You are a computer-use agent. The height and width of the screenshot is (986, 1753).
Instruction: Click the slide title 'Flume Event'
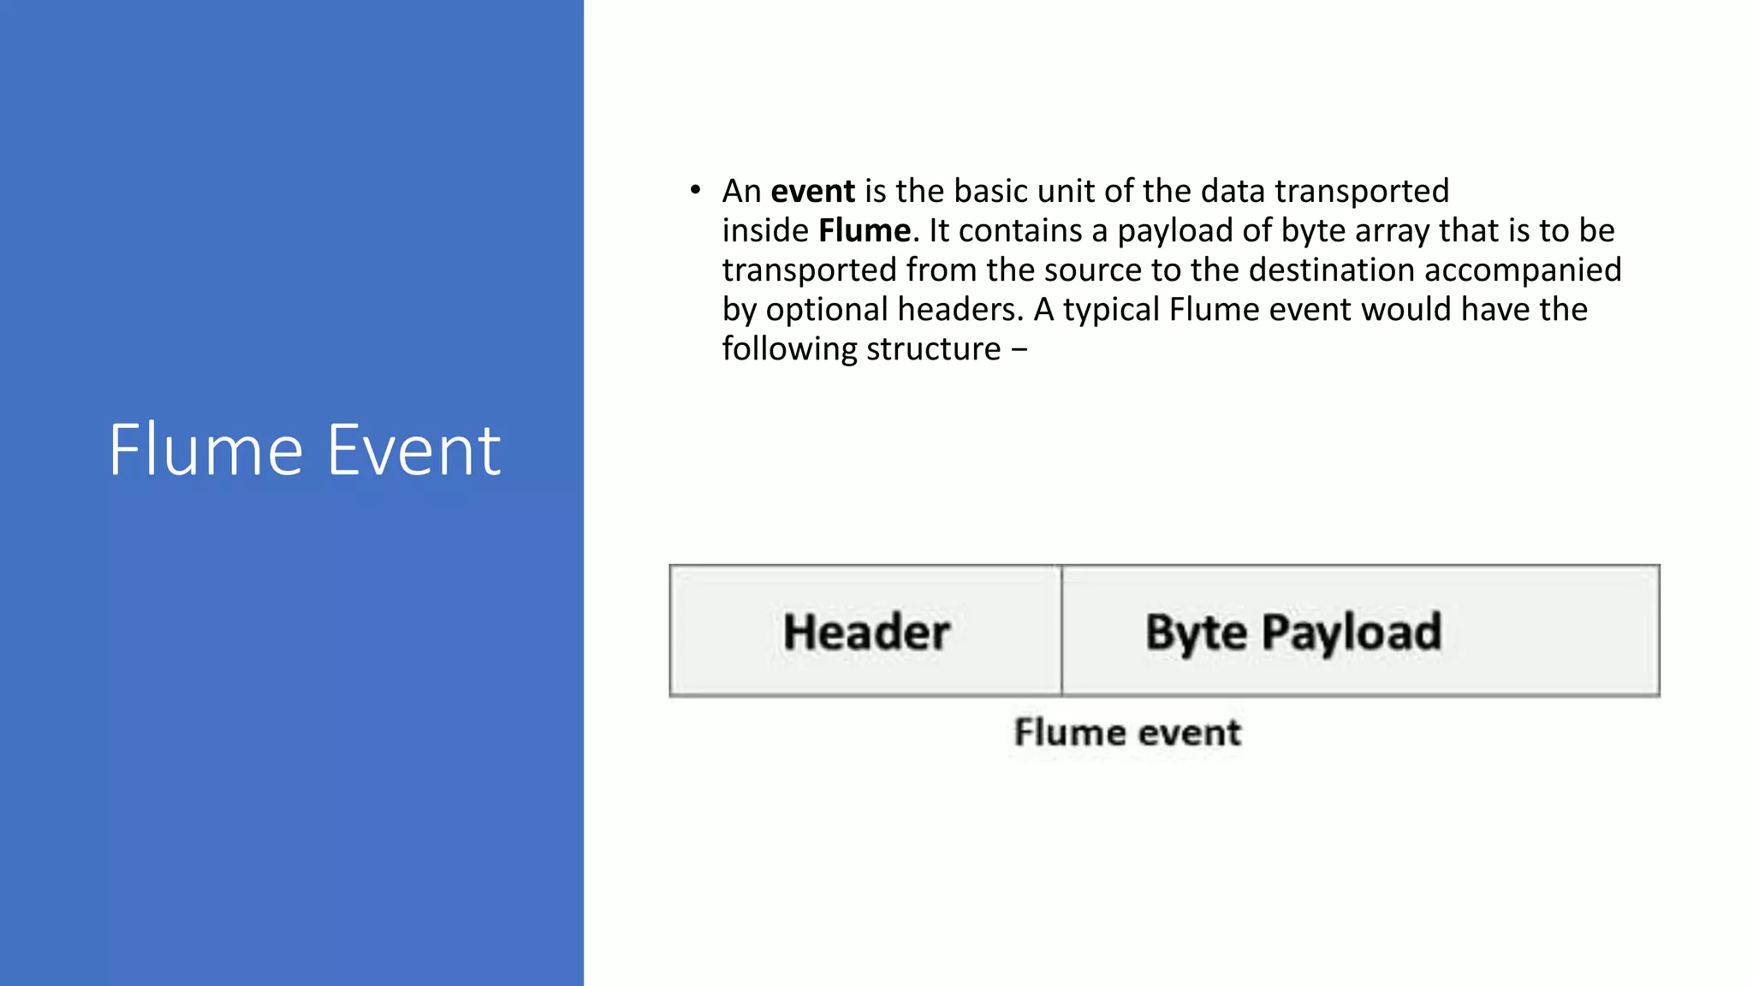click(x=304, y=450)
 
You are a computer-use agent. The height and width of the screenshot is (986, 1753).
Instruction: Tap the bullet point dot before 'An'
click(x=695, y=190)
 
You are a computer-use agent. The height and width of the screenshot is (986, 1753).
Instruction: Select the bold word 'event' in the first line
click(x=812, y=191)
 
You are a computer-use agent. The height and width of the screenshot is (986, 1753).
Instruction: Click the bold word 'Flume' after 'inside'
click(x=865, y=230)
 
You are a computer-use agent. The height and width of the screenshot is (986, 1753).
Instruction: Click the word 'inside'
click(x=765, y=230)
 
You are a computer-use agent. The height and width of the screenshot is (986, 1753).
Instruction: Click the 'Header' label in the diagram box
click(x=866, y=633)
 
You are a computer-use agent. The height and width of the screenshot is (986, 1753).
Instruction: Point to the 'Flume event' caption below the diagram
click(x=1127, y=733)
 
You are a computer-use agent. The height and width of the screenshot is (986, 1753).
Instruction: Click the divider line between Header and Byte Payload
click(x=1061, y=631)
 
